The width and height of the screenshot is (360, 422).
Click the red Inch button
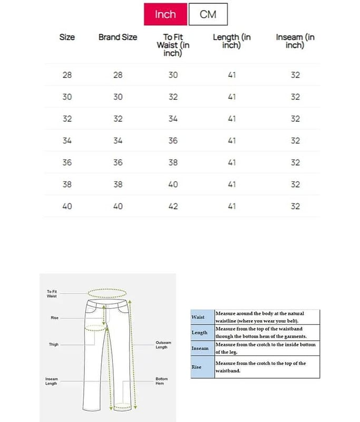pyautogui.click(x=166, y=14)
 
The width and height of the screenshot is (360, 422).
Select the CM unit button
pyautogui.click(x=208, y=14)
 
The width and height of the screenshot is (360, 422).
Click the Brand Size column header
pyautogui.click(x=118, y=37)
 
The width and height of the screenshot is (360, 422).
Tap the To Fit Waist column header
pyautogui.click(x=173, y=45)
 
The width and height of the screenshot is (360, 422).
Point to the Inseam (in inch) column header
pyautogui.click(x=295, y=41)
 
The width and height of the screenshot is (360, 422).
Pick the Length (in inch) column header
pyautogui.click(x=232, y=41)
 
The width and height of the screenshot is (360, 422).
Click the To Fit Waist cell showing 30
pyautogui.click(x=173, y=75)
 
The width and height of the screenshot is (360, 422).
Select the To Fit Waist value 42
pyautogui.click(x=173, y=206)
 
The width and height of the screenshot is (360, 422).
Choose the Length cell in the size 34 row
pyautogui.click(x=232, y=141)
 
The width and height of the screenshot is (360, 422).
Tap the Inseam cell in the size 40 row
pyautogui.click(x=295, y=206)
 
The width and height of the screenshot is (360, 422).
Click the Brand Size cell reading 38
pyautogui.click(x=118, y=185)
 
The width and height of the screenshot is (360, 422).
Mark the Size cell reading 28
pyautogui.click(x=67, y=75)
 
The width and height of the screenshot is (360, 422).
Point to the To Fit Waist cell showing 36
pyautogui.click(x=173, y=141)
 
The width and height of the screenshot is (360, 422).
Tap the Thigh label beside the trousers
pyautogui.click(x=54, y=344)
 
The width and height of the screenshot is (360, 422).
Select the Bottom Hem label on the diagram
pyautogui.click(x=161, y=381)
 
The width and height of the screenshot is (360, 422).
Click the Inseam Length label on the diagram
pyautogui.click(x=51, y=381)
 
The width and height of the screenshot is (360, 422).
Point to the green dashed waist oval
pyautogui.click(x=108, y=293)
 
